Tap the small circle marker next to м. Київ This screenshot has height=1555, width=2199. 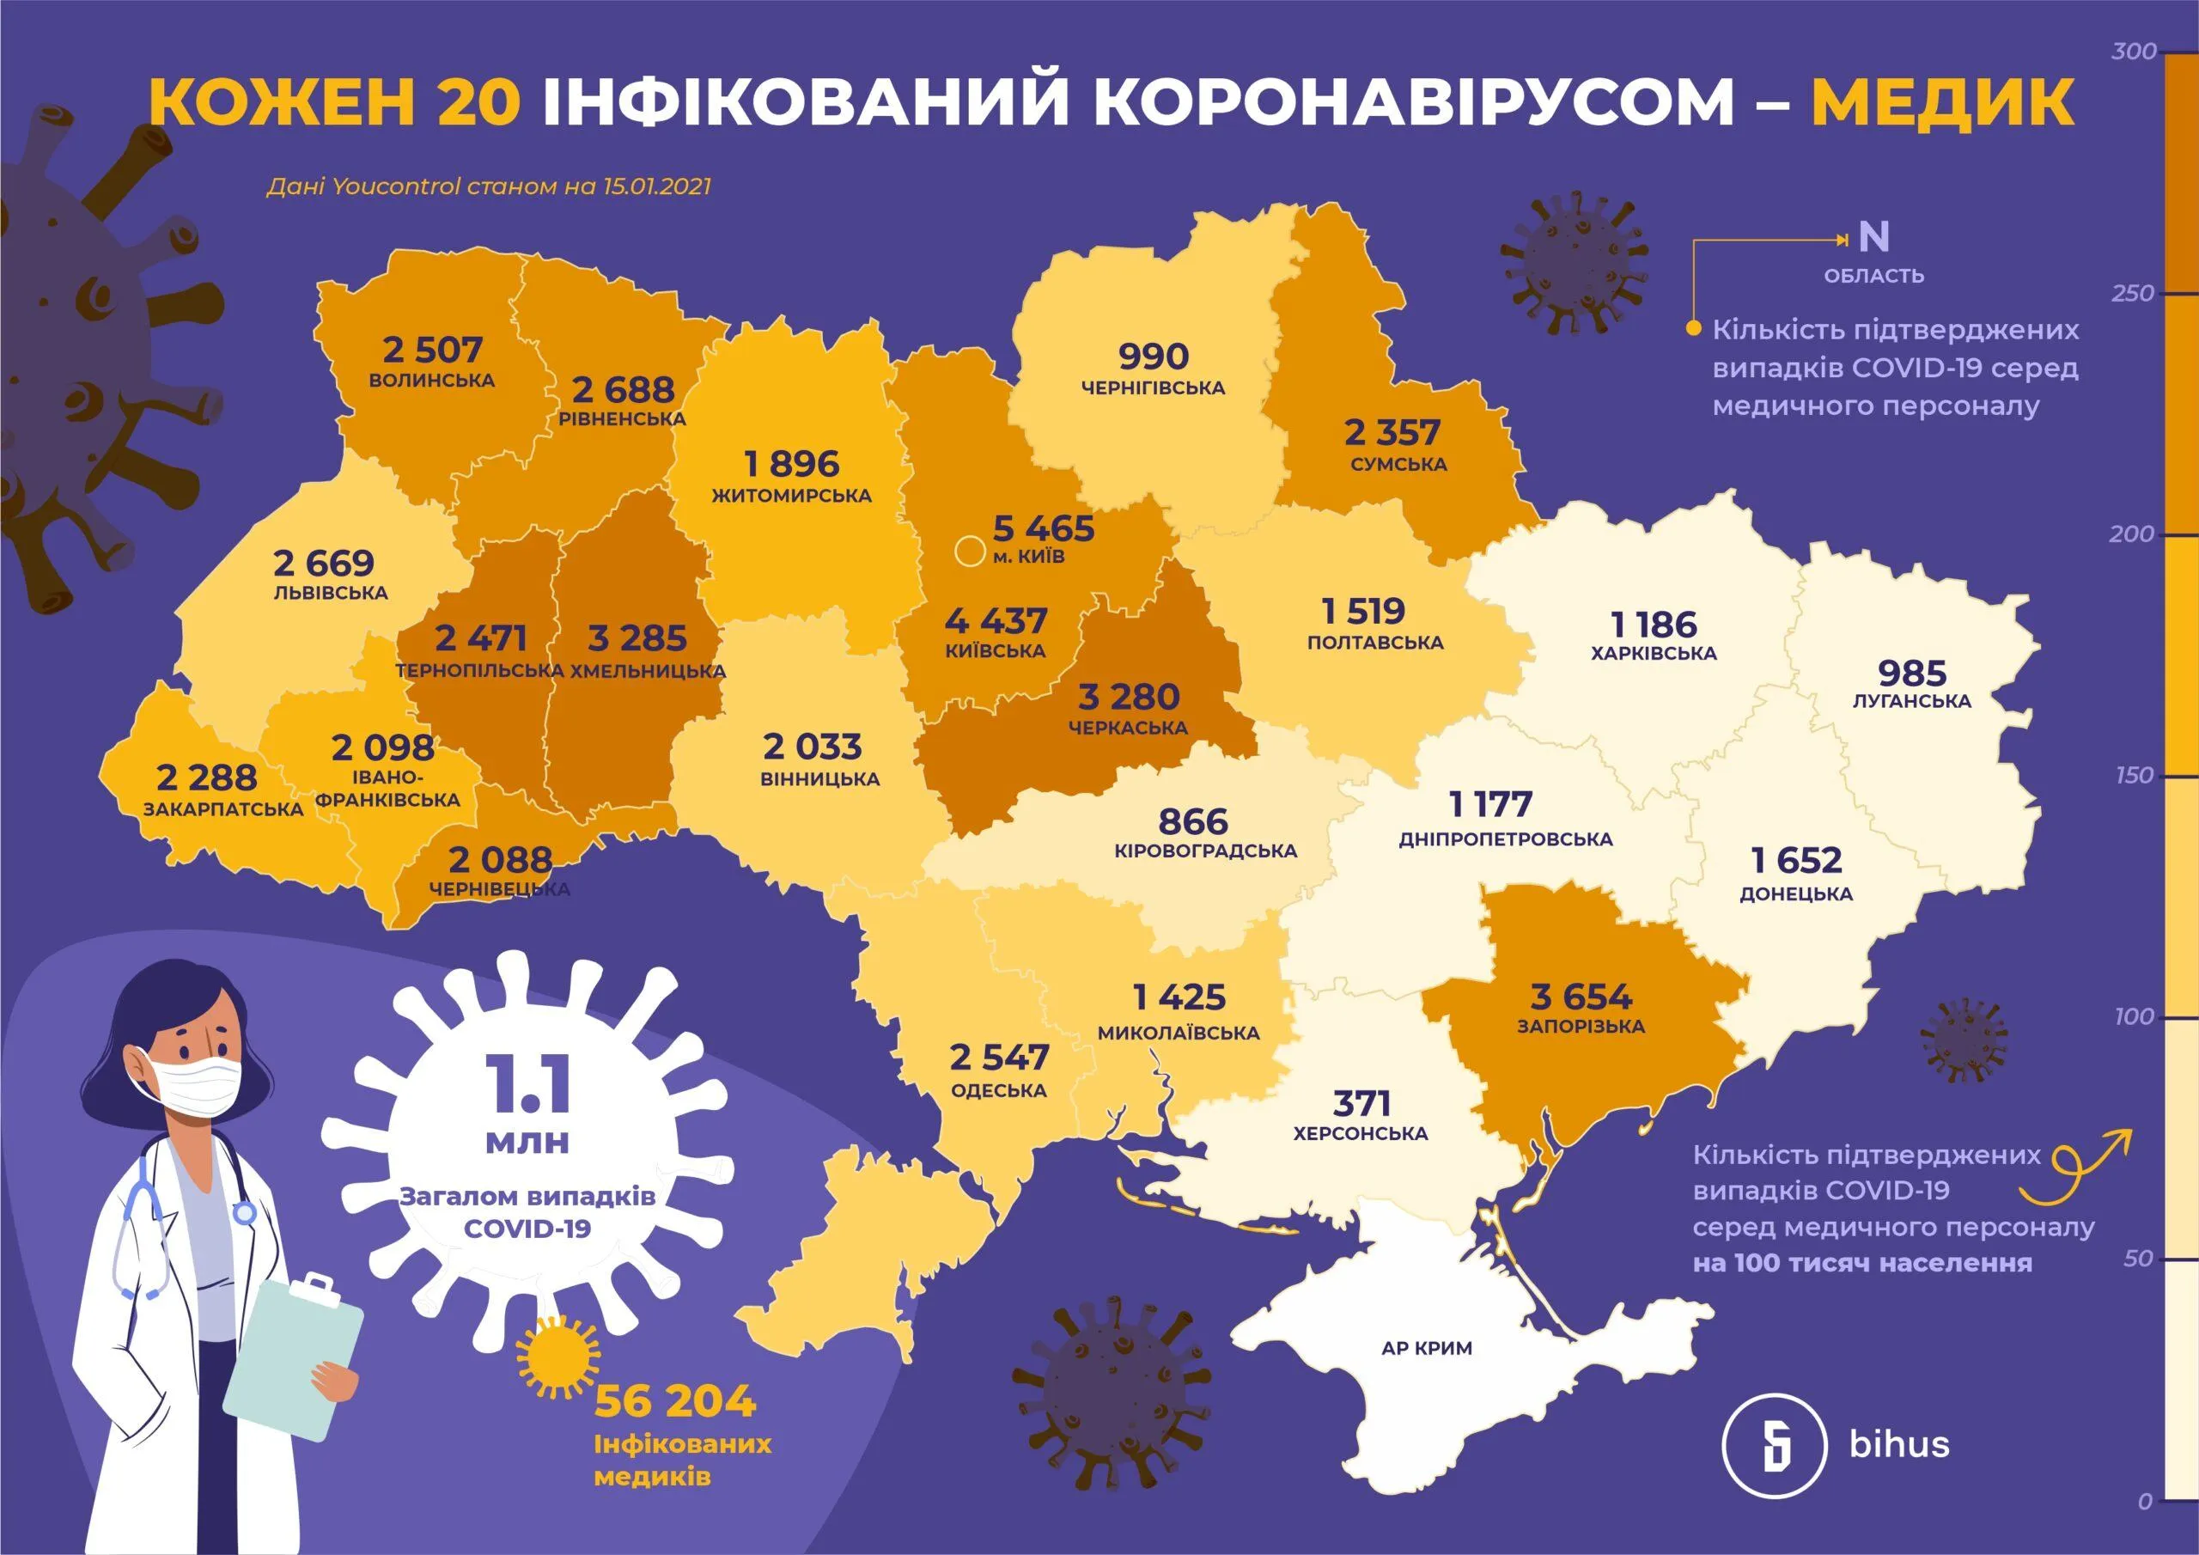click(969, 552)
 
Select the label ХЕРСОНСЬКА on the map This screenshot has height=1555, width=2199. click(1360, 1133)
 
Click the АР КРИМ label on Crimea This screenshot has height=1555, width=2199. click(1427, 1348)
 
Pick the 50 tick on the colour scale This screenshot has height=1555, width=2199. click(2138, 1258)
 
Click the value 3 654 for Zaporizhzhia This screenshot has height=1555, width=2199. click(1581, 997)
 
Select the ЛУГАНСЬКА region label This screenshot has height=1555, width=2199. click(1912, 700)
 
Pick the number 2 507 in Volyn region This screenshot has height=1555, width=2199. click(433, 350)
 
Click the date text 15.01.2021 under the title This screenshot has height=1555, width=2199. click(657, 186)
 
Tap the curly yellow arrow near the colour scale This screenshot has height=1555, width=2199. click(2076, 1162)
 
